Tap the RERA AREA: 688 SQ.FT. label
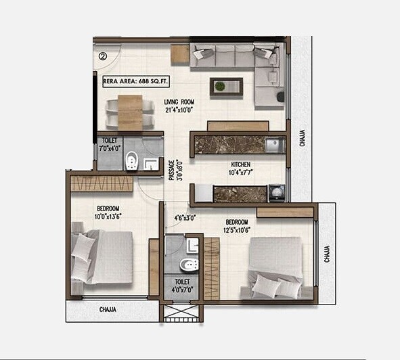135,81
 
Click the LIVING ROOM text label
179,102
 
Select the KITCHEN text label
242,164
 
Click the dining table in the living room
131,111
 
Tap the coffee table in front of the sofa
226,86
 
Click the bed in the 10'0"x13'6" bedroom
102,256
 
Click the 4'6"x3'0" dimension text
184,218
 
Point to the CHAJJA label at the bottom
108,309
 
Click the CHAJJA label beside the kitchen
303,139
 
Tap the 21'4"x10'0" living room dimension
179,111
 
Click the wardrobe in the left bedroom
102,183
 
